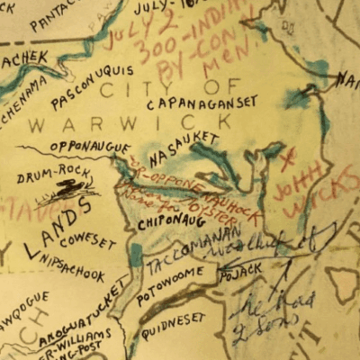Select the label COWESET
coord(87,241)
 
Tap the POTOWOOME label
coord(173,281)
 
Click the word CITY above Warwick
coord(121,90)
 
